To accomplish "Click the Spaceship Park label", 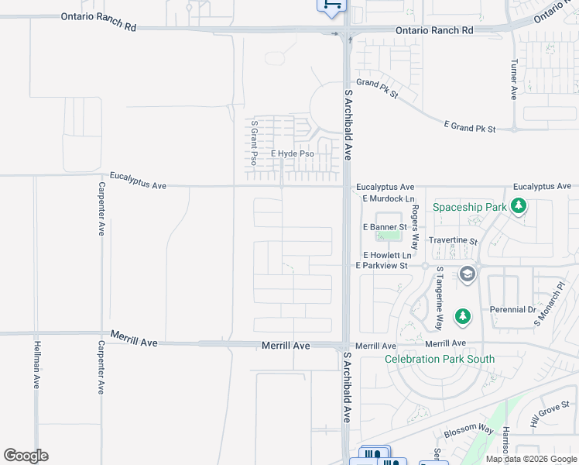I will coord(469,208).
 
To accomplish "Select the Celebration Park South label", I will coord(440,359).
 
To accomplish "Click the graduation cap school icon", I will coord(467,274).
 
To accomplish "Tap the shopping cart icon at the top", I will coord(331,5).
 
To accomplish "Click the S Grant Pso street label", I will coord(253,142).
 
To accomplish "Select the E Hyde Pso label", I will coord(292,154).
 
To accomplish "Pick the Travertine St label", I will coord(453,241).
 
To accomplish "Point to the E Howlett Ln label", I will coord(388,255).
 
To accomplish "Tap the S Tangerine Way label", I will coord(439,298).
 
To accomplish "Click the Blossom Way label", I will coord(475,428).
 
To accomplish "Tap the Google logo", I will coord(26,456).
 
